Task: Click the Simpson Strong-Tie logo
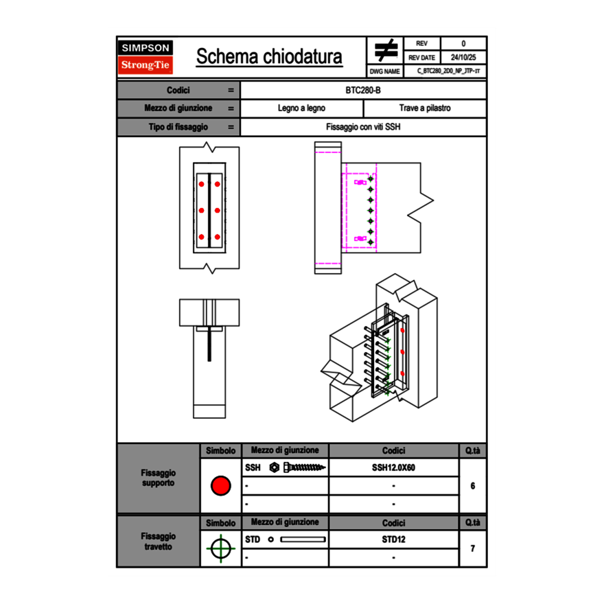146,57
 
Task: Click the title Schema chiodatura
269,57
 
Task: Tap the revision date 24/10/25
463,58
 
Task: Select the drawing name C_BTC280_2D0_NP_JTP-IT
448,71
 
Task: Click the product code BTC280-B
363,91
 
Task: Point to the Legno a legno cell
301,108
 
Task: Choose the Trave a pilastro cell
425,108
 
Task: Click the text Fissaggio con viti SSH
363,127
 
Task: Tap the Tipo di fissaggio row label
178,127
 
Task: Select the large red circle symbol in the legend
220,486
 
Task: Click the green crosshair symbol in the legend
220,548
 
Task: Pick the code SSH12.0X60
393,467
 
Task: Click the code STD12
393,539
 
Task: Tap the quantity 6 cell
472,486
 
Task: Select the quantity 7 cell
472,548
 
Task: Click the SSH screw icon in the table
299,467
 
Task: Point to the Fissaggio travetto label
158,542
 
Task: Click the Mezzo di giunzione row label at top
178,108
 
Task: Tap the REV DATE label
421,58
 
